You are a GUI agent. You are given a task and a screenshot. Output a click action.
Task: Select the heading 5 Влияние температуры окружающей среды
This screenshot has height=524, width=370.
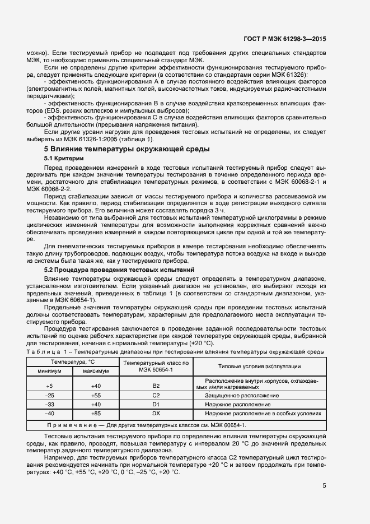tap(127, 149)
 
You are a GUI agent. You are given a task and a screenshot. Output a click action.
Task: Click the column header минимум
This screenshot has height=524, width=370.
tap(50, 371)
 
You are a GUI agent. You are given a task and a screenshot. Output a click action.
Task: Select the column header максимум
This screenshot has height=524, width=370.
tap(96, 371)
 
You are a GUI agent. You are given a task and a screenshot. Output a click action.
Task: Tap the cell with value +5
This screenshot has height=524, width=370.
tap(50, 386)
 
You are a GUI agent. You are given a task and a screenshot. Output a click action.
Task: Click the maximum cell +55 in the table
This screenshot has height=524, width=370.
tap(96, 396)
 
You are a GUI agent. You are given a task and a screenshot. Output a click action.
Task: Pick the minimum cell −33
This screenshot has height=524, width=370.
tap(50, 404)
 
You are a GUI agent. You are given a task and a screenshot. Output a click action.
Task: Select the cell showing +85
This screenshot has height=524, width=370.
tap(96, 413)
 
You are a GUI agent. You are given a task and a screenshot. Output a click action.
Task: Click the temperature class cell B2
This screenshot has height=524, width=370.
tap(156, 386)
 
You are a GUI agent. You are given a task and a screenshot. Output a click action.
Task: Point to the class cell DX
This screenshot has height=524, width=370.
tap(156, 413)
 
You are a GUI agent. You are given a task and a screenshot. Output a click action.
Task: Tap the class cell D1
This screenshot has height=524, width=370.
tap(156, 404)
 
